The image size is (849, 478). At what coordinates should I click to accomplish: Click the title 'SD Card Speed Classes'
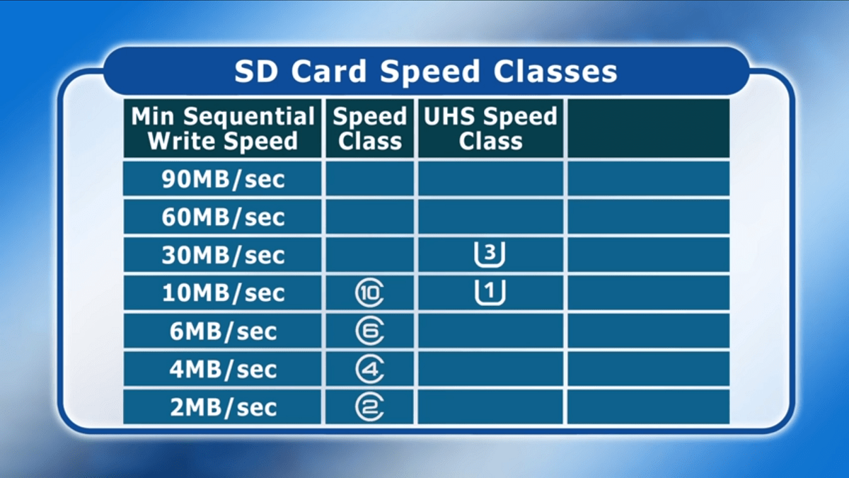(x=426, y=72)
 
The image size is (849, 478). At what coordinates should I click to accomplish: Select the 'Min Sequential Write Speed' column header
(x=223, y=128)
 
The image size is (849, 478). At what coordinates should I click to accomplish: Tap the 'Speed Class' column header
(x=370, y=128)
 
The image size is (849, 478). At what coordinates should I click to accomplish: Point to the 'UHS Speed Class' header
(x=490, y=128)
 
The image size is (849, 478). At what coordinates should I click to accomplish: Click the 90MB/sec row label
(x=223, y=179)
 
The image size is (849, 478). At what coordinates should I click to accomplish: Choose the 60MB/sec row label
(x=223, y=217)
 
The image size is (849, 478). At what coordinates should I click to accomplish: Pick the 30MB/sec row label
(x=223, y=255)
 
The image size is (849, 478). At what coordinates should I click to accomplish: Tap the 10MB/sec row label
(x=223, y=293)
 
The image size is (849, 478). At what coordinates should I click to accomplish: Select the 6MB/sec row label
(x=223, y=331)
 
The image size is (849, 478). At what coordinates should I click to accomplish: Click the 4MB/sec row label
(x=223, y=369)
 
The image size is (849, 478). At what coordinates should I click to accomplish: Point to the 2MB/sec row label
(x=223, y=407)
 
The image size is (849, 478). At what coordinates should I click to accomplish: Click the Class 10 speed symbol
(x=357, y=293)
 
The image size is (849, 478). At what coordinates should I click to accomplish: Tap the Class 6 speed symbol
(x=357, y=331)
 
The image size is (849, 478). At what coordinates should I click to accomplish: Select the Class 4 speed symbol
(x=357, y=369)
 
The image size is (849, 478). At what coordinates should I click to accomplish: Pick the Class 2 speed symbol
(x=357, y=406)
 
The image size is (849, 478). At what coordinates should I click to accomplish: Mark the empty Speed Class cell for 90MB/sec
(x=369, y=178)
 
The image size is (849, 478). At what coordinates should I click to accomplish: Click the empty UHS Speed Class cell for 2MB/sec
(x=490, y=406)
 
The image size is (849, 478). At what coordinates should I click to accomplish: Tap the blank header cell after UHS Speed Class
(x=649, y=128)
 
